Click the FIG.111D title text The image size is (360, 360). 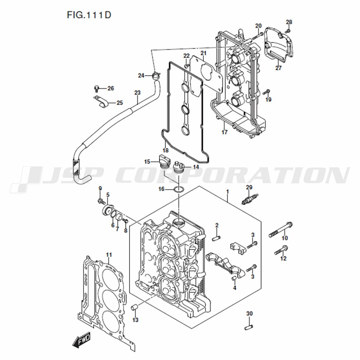89,15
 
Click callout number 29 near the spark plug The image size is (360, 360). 249,188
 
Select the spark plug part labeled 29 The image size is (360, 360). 251,199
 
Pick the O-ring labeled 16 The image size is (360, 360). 179,190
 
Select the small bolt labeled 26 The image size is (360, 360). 97,88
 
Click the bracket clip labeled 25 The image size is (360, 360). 101,102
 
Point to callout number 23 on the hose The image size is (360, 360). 137,93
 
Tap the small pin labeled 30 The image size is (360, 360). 249,326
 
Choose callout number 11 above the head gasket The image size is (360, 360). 109,255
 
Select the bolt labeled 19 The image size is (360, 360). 266,92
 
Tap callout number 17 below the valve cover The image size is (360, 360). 224,132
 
